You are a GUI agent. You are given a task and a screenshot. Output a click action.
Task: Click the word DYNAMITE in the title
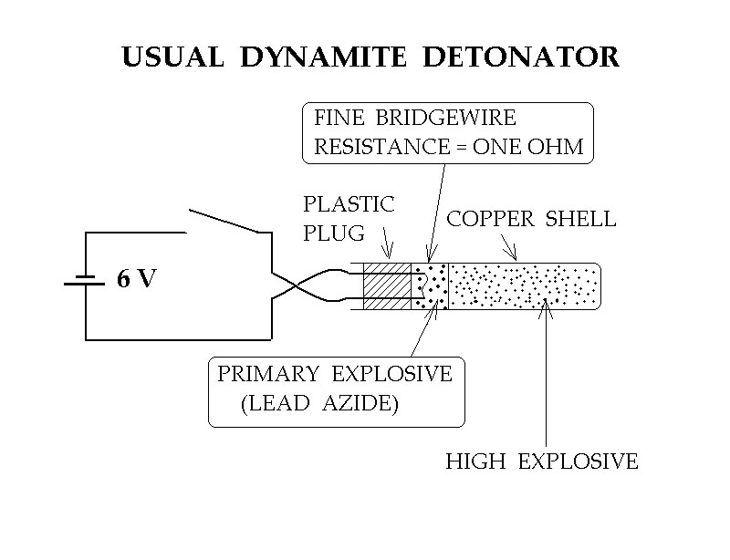tap(324, 57)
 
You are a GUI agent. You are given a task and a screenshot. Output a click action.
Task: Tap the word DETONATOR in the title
tap(521, 57)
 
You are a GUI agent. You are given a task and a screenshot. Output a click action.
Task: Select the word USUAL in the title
tap(173, 57)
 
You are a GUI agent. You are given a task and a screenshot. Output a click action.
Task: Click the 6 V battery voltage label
tap(137, 278)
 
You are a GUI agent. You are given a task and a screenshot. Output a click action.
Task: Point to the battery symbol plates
tap(85, 280)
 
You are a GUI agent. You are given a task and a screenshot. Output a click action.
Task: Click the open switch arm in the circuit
tap(224, 221)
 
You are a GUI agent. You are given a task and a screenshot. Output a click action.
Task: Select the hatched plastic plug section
tap(387, 286)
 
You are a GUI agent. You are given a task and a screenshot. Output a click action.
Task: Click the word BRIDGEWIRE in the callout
tap(446, 118)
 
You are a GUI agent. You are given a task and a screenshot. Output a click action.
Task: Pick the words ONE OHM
tap(528, 147)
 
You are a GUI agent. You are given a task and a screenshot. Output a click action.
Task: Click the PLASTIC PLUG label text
tap(349, 218)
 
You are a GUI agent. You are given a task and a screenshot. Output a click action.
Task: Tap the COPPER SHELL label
tap(532, 219)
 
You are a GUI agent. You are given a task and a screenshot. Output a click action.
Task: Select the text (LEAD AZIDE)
tap(320, 403)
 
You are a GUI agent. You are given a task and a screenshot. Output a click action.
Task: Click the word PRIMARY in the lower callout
tap(268, 374)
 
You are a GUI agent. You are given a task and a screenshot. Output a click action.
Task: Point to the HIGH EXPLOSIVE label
tap(542, 461)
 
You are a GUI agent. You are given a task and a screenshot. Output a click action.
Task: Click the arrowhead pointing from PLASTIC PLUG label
tap(388, 252)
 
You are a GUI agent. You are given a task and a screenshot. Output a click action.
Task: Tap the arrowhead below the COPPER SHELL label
tap(513, 254)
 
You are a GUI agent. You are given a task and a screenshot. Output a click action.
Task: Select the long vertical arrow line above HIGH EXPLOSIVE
tap(546, 373)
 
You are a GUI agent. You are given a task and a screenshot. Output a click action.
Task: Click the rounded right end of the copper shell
tap(600, 286)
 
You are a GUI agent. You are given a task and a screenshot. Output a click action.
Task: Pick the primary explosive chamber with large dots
tap(430, 286)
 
